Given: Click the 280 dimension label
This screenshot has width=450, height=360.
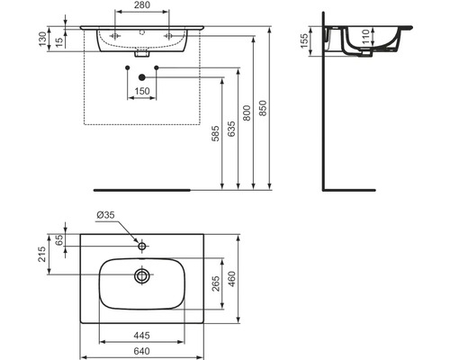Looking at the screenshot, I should click(142, 6).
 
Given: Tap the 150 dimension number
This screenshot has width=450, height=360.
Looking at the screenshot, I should click(142, 91).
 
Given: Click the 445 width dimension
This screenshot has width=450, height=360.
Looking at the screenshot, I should click(141, 336).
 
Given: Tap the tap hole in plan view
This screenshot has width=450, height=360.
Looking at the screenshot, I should click(142, 244).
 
